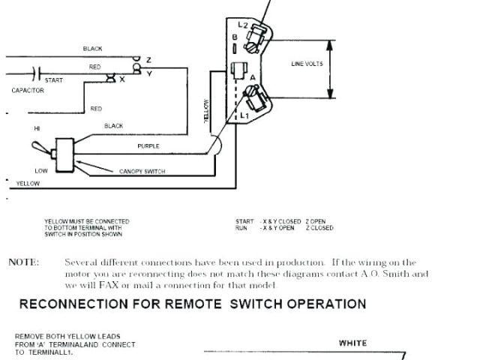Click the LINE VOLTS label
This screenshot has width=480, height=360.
coord(307,64)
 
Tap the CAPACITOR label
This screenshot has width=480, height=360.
coord(28,90)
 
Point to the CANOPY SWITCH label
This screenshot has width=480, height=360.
coord(142,172)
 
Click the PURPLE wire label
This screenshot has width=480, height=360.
coord(148,145)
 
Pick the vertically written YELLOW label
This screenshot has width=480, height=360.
coord(207,112)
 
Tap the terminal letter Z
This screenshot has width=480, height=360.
coord(148,59)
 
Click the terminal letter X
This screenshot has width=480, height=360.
coord(122,78)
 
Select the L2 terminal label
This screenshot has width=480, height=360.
coord(243,26)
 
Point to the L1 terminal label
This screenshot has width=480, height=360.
coord(244,116)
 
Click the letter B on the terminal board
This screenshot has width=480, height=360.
coord(235,37)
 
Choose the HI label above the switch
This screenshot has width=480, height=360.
coord(36,128)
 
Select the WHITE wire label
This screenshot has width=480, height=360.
coord(352,343)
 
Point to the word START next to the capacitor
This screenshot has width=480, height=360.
coord(54,79)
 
